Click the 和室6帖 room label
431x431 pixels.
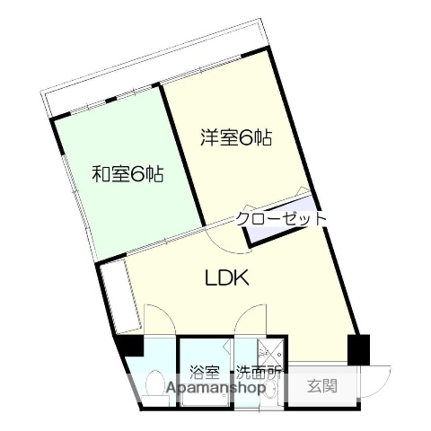pyautogui.click(x=127, y=174)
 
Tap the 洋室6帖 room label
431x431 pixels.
pyautogui.click(x=235, y=138)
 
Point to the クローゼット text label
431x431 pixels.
pyautogui.click(x=281, y=218)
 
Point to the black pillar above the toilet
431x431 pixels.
pyautogui.click(x=133, y=344)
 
